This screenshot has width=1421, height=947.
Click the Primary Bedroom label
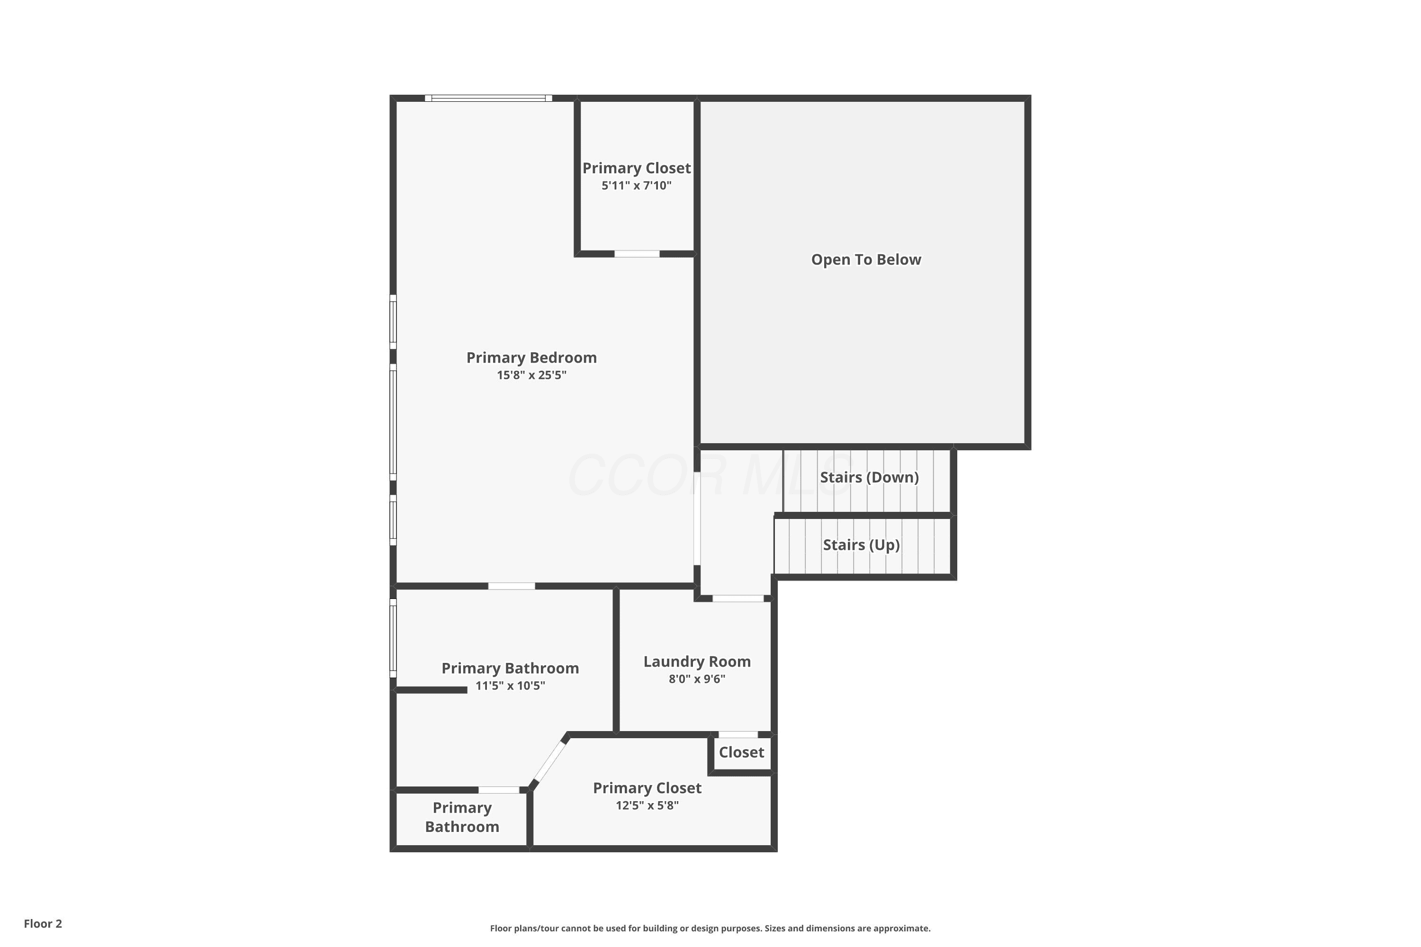[531, 357]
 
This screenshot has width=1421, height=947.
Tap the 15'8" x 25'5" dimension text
[531, 375]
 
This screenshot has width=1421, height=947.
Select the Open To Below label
[866, 259]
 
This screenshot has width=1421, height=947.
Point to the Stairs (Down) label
[869, 477]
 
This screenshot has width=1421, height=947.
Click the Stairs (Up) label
[862, 545]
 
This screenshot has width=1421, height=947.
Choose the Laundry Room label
[697, 661]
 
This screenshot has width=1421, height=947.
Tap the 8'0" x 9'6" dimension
[697, 679]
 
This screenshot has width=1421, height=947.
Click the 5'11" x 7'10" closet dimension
[637, 186]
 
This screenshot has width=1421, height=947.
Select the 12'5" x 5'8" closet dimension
[648, 805]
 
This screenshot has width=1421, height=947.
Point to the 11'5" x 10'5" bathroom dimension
[511, 686]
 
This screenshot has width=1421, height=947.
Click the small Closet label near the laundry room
[741, 752]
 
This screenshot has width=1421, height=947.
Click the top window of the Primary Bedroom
[488, 98]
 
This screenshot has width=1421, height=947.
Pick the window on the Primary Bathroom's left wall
[393, 638]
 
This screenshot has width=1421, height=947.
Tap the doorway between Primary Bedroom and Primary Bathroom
[511, 586]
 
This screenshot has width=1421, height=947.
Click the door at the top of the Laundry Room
[738, 599]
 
